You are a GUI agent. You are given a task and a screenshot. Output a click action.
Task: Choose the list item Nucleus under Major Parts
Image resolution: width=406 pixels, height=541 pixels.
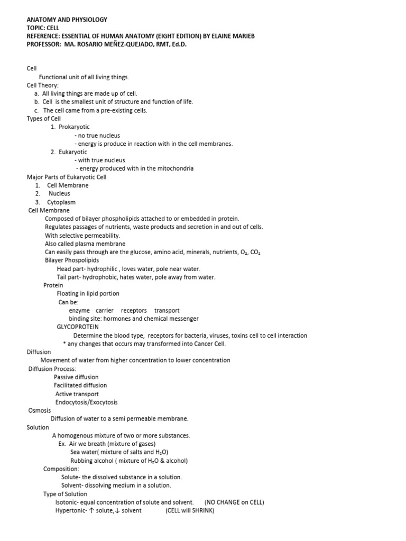[x=59, y=193]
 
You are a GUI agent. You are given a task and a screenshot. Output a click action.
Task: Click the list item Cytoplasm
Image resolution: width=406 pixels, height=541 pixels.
[x=61, y=202]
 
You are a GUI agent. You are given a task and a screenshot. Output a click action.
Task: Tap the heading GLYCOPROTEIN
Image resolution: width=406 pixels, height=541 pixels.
[x=78, y=327]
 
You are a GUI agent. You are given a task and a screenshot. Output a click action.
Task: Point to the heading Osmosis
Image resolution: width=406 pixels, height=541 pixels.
[x=40, y=410]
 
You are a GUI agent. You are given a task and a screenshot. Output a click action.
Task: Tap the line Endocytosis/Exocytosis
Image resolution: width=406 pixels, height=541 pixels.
[x=87, y=402]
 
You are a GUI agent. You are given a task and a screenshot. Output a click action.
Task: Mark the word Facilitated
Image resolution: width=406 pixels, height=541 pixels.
[x=69, y=385]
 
